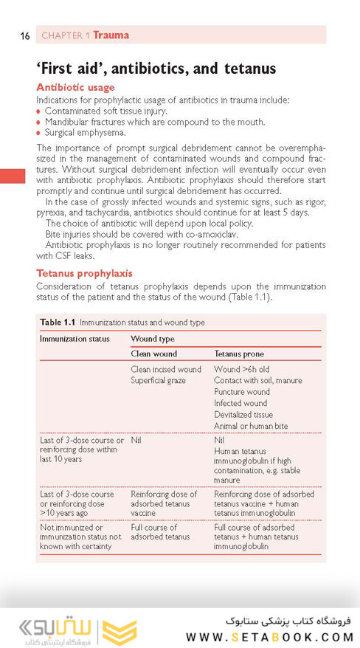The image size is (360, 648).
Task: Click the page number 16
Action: [x=25, y=35]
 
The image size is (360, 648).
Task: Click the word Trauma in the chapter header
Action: [x=111, y=35]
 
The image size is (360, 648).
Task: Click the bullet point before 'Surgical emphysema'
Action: [x=39, y=133]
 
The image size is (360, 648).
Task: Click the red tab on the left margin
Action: [x=12, y=177]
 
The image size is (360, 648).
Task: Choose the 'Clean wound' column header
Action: [x=153, y=354]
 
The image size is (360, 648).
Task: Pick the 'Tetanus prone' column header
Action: [x=238, y=354]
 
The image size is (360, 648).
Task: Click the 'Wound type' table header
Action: [x=152, y=339]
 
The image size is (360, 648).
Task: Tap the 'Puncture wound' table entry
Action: [x=241, y=392]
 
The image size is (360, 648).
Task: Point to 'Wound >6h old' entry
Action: [x=240, y=370]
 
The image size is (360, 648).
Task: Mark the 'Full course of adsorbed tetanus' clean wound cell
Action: [x=159, y=532]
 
